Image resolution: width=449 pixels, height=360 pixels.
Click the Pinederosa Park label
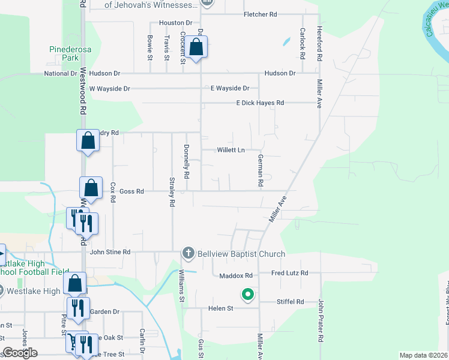point(65,54)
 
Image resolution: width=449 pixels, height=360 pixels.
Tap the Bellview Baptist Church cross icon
point(188,253)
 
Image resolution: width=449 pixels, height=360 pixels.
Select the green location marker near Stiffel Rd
point(247,294)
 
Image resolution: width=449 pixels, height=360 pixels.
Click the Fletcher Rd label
point(261,14)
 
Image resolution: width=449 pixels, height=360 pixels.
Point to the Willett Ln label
point(231,150)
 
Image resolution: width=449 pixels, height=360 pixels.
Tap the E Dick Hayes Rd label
point(260,103)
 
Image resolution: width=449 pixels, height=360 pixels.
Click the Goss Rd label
point(132,191)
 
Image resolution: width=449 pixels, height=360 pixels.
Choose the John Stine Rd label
point(110,253)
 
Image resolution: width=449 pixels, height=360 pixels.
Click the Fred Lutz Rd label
point(289,273)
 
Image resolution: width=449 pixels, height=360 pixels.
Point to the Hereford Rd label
point(320,42)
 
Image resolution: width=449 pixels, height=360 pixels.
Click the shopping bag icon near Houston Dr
point(196,47)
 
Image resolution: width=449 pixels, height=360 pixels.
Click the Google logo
point(20,353)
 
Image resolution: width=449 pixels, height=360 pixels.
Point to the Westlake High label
point(34,292)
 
